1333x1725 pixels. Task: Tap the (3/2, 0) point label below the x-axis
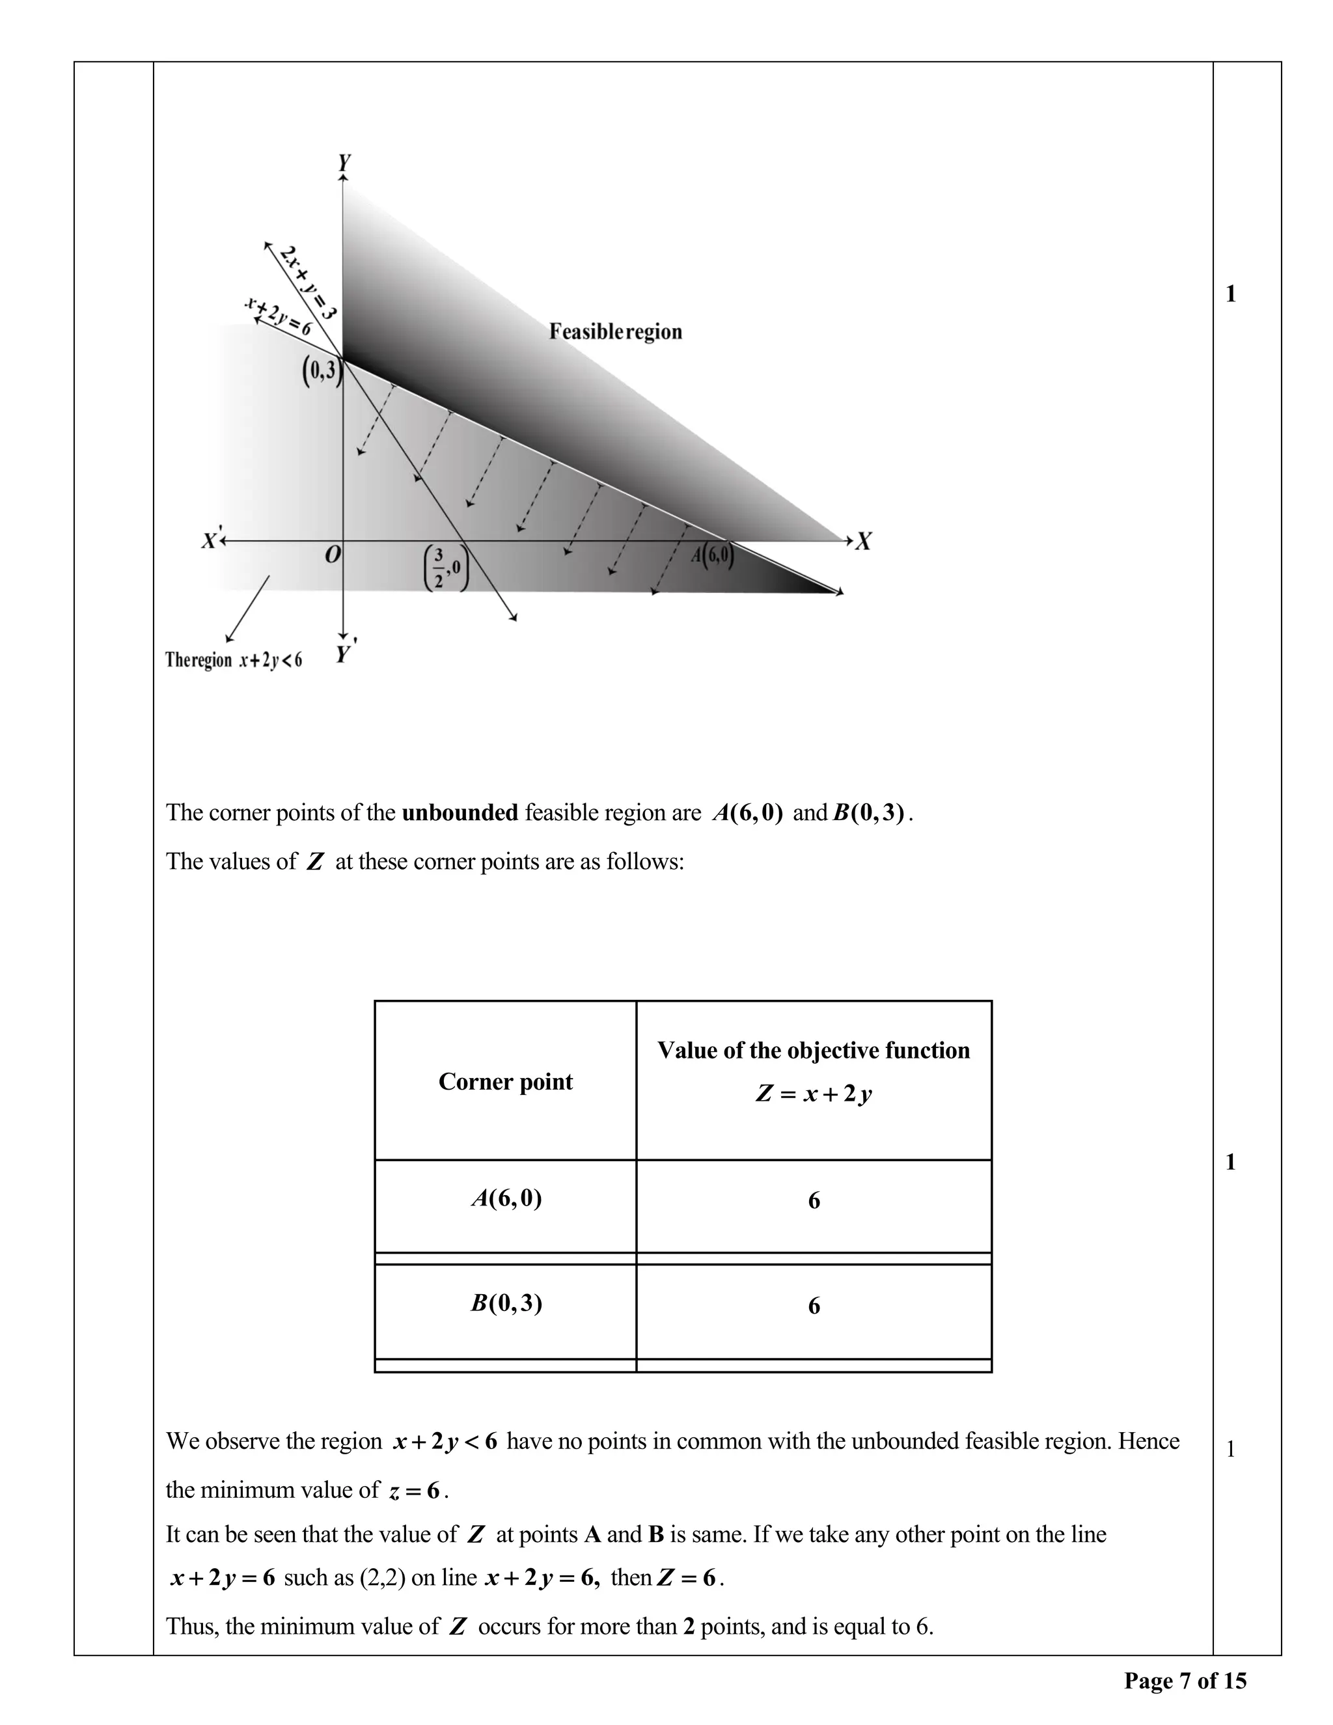pos(446,567)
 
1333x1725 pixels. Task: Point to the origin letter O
pos(333,556)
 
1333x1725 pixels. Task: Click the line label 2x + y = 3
pos(308,281)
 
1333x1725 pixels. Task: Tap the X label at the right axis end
pos(864,542)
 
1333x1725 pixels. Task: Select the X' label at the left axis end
pos(211,541)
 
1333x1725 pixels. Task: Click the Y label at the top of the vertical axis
pos(344,163)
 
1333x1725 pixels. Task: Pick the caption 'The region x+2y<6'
pos(234,659)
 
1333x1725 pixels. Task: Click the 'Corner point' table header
pos(505,1081)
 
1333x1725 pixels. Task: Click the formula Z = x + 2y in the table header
pos(814,1094)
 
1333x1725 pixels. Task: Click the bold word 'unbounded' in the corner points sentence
pos(460,813)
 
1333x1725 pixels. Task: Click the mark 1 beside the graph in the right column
pos(1230,294)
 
